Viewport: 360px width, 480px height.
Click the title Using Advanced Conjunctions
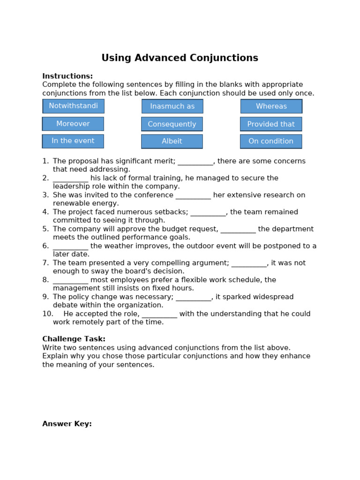[180, 58]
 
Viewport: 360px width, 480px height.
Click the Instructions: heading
[67, 76]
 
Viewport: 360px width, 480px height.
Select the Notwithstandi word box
[74, 106]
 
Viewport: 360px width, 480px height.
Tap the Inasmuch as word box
[172, 106]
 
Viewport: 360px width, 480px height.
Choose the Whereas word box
[271, 106]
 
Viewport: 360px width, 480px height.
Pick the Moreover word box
[73, 124]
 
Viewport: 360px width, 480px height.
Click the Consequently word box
[172, 124]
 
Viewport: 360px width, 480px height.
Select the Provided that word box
[271, 124]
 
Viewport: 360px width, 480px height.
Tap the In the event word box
[73, 141]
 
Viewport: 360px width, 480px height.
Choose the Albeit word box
[172, 141]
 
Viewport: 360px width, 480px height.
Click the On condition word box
[271, 141]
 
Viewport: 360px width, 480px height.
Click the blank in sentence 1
[195, 162]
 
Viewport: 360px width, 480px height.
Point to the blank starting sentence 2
[70, 179]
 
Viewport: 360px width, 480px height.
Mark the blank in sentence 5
[238, 230]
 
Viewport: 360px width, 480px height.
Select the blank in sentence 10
[159, 315]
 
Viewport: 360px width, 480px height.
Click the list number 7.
[45, 263]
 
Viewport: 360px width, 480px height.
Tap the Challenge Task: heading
[74, 339]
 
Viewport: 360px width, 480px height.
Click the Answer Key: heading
[67, 424]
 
